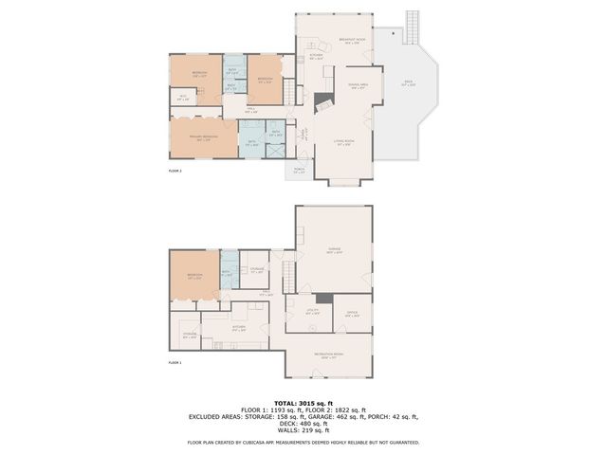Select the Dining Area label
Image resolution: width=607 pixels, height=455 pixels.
coord(359,85)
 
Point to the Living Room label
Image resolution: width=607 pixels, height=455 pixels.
coord(344,143)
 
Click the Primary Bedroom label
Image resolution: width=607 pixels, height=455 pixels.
coord(201,136)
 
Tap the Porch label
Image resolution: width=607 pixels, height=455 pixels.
coord(299,171)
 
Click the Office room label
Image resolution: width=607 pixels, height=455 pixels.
coord(352,314)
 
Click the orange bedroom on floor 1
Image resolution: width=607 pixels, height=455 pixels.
coord(194,277)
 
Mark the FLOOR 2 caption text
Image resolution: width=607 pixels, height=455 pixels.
coord(175,171)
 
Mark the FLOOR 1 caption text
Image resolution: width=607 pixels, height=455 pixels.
coord(175,363)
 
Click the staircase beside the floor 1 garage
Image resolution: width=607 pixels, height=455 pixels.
coord(287,276)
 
